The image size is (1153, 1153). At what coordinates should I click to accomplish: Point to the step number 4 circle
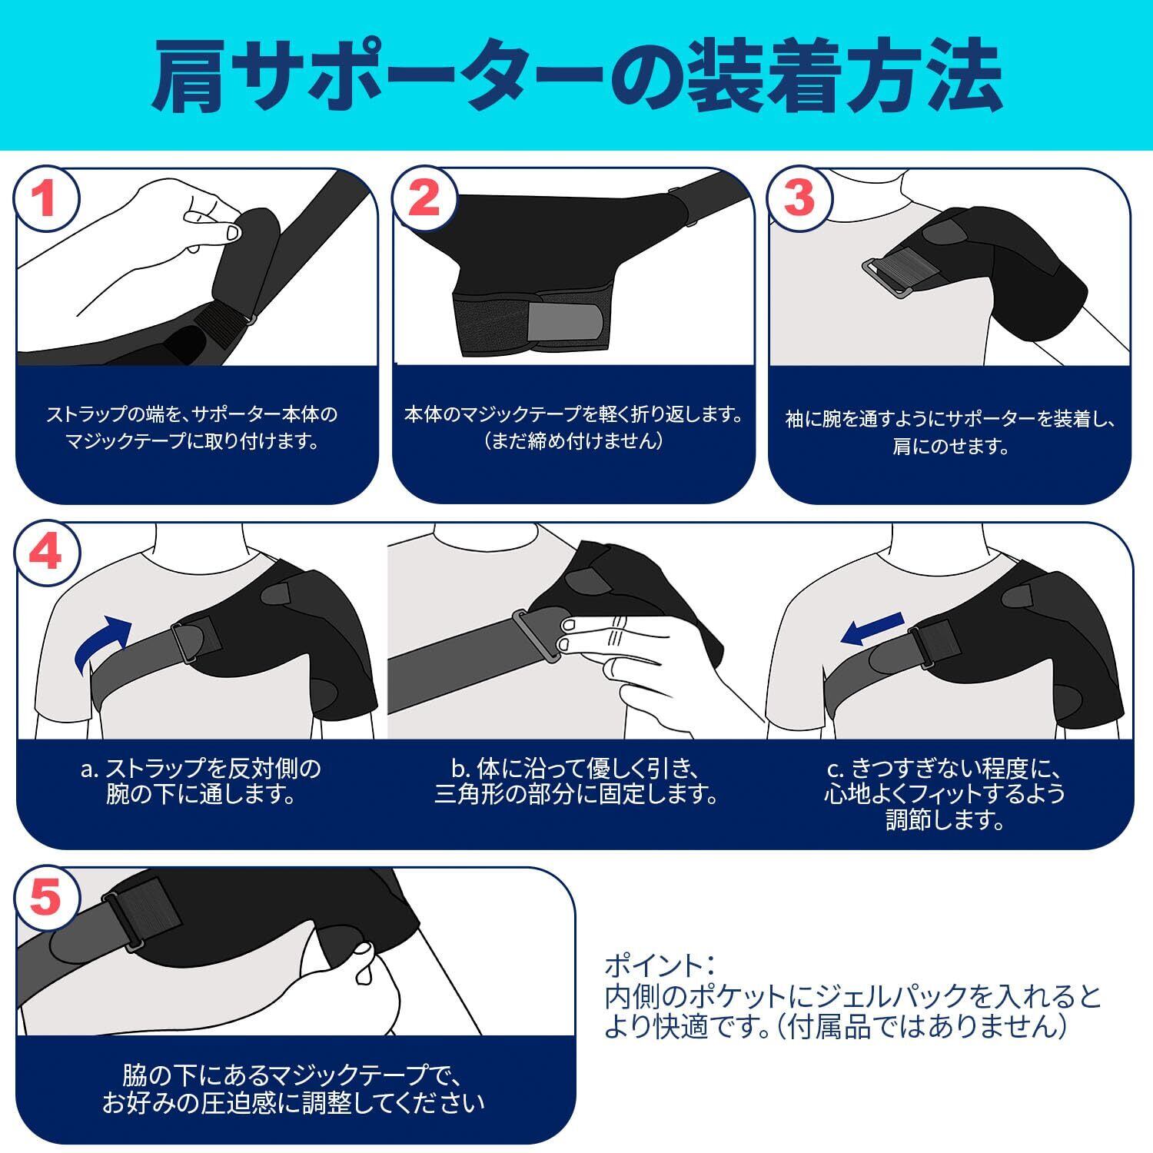(x=47, y=551)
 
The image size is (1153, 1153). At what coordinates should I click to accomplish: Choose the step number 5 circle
(x=47, y=898)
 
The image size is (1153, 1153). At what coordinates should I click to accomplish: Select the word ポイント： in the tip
(x=661, y=965)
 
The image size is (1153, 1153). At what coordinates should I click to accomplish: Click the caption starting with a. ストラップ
(x=201, y=781)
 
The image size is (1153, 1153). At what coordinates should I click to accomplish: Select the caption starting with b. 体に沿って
(x=576, y=781)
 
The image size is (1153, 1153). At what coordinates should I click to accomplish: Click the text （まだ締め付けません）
(x=573, y=441)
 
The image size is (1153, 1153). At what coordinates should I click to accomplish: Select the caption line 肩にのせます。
(x=950, y=447)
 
